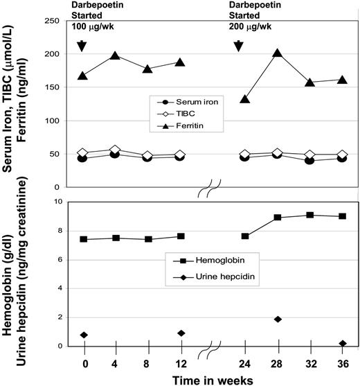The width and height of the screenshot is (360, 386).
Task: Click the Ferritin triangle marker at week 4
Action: click(115, 55)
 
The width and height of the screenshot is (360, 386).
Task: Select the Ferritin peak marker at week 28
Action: click(277, 53)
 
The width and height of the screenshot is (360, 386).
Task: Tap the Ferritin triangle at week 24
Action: click(244, 99)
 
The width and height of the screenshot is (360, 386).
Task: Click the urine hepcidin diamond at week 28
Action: click(277, 319)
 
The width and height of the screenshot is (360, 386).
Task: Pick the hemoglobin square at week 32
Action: click(309, 215)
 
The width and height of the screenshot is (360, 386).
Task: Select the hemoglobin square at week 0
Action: click(82, 239)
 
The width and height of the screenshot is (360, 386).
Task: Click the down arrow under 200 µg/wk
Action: click(239, 46)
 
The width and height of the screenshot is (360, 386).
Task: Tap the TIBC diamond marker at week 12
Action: click(180, 155)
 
